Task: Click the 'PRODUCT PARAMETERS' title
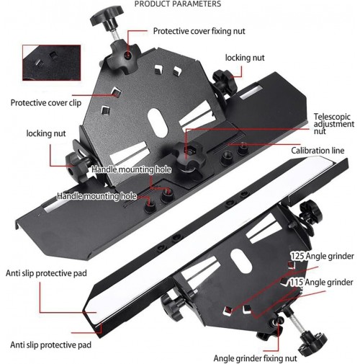(178, 4)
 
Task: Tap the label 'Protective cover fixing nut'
(199, 31)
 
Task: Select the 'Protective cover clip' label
(46, 103)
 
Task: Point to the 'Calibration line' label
(318, 151)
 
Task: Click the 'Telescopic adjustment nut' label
(334, 124)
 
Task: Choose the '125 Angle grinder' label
(323, 256)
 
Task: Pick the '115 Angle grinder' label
(321, 282)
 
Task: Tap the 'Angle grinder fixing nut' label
(255, 358)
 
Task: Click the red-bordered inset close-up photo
(52, 63)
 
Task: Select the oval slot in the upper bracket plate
(158, 123)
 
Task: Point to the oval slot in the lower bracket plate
(240, 261)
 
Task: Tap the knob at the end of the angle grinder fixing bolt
(312, 342)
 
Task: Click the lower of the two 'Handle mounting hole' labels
(96, 196)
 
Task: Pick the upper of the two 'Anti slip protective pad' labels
(46, 273)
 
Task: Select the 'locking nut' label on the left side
(46, 133)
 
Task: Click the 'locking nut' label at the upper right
(245, 58)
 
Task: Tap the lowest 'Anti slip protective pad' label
(50, 345)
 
